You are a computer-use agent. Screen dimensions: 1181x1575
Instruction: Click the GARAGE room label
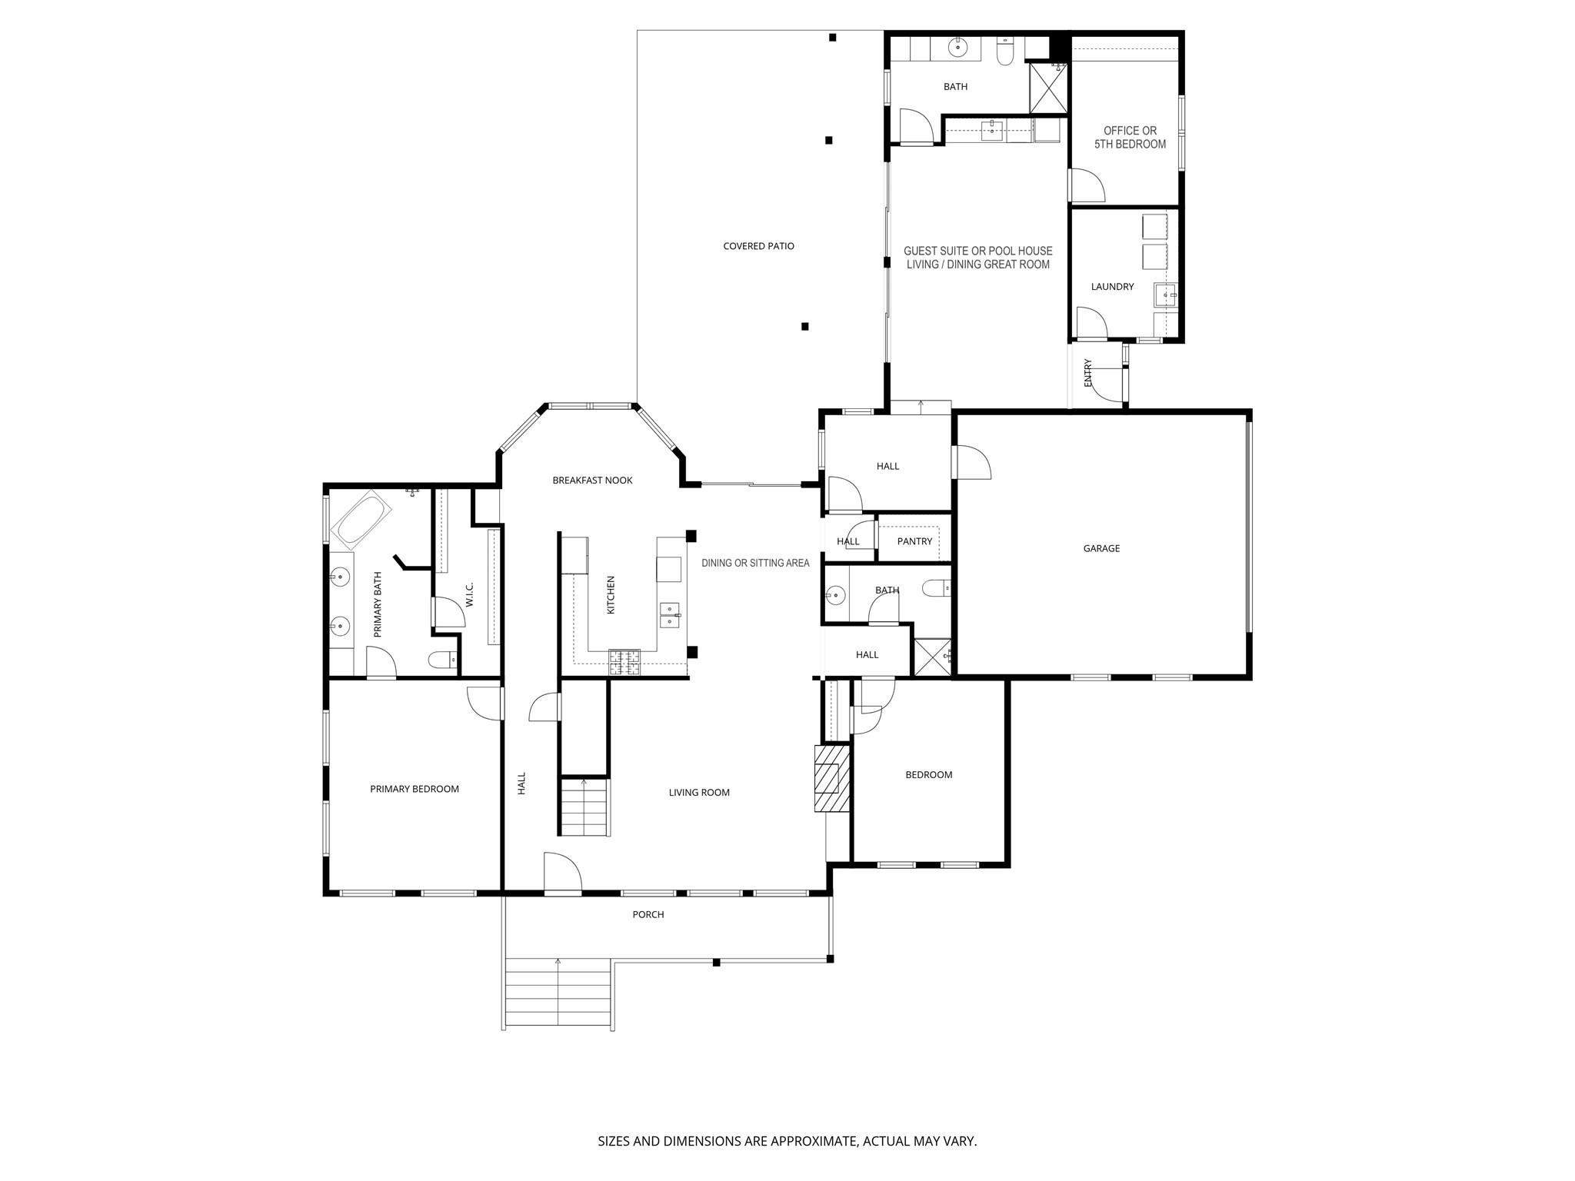tap(1101, 549)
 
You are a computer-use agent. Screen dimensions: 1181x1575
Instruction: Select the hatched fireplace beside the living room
tap(831, 778)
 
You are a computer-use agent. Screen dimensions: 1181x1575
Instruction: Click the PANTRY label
tap(914, 542)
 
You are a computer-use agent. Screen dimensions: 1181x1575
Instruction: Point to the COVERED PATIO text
tap(758, 247)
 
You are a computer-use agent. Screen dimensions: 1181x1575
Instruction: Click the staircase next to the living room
tap(584, 807)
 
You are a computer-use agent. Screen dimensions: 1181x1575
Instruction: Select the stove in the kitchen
tap(624, 661)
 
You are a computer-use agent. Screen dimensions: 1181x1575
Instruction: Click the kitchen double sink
tap(670, 615)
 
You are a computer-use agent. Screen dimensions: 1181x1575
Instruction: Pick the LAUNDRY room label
tap(1112, 287)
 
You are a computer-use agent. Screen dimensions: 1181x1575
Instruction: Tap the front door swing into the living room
tap(562, 873)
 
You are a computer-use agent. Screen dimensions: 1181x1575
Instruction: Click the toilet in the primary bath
tap(444, 660)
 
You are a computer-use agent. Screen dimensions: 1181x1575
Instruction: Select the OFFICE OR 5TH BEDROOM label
tap(1130, 138)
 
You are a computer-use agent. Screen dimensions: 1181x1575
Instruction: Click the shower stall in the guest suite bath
tap(1048, 88)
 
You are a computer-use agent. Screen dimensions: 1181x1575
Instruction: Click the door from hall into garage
tap(971, 461)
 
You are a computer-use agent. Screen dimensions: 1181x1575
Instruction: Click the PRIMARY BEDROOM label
tap(415, 789)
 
